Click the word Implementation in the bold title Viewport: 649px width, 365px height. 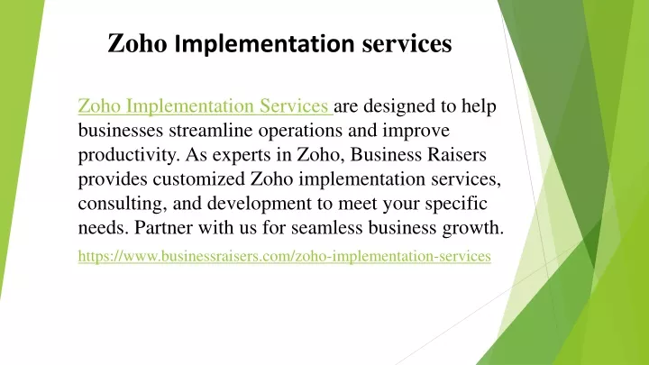pyautogui.click(x=264, y=43)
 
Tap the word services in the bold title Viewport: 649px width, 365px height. pyautogui.click(x=407, y=43)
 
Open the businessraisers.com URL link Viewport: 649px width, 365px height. pyautogui.click(x=284, y=256)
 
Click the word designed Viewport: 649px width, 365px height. pyautogui.click(x=399, y=106)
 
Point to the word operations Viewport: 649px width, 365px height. pyautogui.click(x=300, y=132)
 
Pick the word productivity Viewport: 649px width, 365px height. pyautogui.click(x=129, y=155)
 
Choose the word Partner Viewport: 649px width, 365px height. pyautogui.click(x=163, y=228)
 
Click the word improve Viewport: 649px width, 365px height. pyautogui.click(x=416, y=132)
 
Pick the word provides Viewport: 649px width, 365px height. pyautogui.click(x=113, y=180)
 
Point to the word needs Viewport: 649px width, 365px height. pyautogui.click(x=104, y=228)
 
